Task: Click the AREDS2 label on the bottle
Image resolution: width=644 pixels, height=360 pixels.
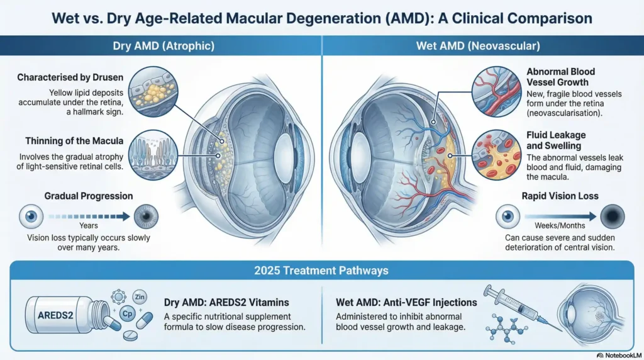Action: pyautogui.click(x=55, y=315)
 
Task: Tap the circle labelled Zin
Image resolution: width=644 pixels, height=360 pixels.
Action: pyautogui.click(x=140, y=296)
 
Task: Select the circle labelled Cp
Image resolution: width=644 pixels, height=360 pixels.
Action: pyautogui.click(x=127, y=313)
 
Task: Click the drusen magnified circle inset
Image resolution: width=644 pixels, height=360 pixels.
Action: pyautogui.click(x=153, y=91)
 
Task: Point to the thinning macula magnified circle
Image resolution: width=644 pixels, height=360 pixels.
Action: pyautogui.click(x=153, y=155)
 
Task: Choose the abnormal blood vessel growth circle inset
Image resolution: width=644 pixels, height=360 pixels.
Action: pyautogui.click(x=497, y=91)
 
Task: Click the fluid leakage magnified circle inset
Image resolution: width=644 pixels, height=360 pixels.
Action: pyautogui.click(x=497, y=155)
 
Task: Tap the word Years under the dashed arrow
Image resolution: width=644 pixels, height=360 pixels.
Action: pyautogui.click(x=89, y=225)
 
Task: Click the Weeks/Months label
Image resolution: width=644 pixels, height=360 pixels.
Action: pyautogui.click(x=560, y=225)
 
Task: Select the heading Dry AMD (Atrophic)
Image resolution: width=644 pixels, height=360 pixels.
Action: pyautogui.click(x=164, y=45)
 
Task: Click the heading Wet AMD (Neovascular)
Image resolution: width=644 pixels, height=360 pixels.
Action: pyautogui.click(x=478, y=45)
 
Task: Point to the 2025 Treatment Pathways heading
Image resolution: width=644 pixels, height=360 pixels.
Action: pyautogui.click(x=321, y=271)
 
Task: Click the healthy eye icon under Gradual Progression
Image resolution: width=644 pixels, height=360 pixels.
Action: pyautogui.click(x=31, y=217)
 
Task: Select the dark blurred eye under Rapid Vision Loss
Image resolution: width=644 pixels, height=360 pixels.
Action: pyautogui.click(x=613, y=217)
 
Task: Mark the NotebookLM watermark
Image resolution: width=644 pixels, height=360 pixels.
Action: pyautogui.click(x=619, y=356)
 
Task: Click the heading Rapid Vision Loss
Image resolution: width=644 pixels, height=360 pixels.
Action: pyautogui.click(x=560, y=196)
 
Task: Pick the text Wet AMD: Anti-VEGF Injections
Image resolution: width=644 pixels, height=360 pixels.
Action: pyautogui.click(x=406, y=303)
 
